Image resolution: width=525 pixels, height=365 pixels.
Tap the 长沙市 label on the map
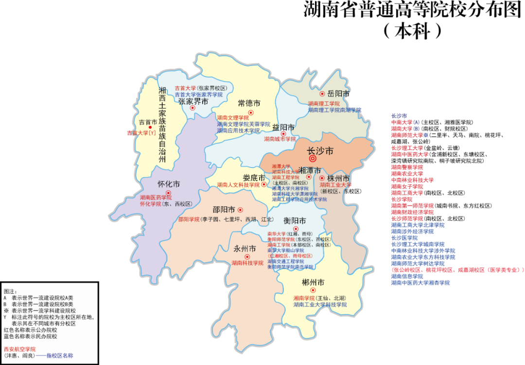(x=320, y=150)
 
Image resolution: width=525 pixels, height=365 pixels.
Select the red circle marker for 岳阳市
(x=322, y=94)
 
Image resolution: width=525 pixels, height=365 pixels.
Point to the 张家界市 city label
(x=193, y=101)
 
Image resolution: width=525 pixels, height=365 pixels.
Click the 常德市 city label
(x=249, y=103)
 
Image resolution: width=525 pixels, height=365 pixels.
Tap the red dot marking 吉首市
(x=150, y=128)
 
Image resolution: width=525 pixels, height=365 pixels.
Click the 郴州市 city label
(x=313, y=282)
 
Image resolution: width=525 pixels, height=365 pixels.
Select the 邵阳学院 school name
(x=189, y=219)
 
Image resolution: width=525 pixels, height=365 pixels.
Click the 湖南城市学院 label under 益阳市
(x=280, y=139)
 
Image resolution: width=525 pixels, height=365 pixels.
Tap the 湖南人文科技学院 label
(x=238, y=185)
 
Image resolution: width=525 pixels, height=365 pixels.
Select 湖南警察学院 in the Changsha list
(x=407, y=167)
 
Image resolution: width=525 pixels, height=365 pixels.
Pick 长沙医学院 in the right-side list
(x=404, y=238)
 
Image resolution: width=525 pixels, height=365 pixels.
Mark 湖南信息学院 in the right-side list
(x=407, y=276)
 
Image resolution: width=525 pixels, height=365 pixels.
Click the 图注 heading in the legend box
(x=10, y=291)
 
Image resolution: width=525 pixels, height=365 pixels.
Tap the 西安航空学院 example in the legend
(x=20, y=349)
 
